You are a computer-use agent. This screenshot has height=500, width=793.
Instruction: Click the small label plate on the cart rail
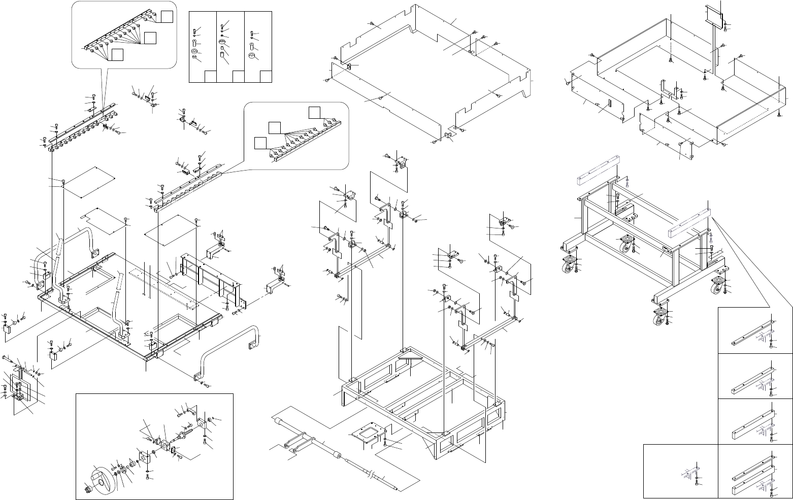665,249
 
